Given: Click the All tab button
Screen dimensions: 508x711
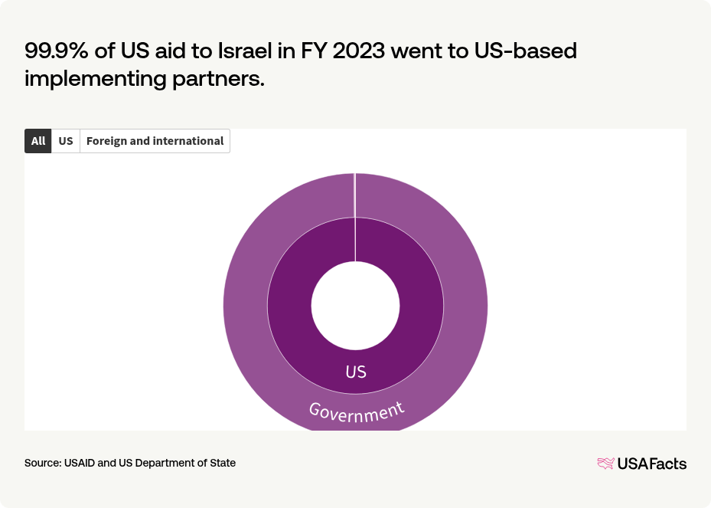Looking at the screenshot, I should click(x=38, y=141).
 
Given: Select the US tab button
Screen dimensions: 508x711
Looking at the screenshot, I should click(x=66, y=141).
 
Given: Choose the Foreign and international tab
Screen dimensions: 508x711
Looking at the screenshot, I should click(x=155, y=141).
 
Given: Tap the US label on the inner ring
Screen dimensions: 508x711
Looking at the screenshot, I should click(x=356, y=372).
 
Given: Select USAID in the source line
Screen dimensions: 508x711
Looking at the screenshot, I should click(x=80, y=463).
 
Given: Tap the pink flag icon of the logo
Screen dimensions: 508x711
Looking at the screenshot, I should click(x=605, y=463).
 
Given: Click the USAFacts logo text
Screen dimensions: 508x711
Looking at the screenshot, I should click(x=651, y=463).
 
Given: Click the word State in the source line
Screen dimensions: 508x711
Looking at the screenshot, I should click(x=222, y=463).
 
